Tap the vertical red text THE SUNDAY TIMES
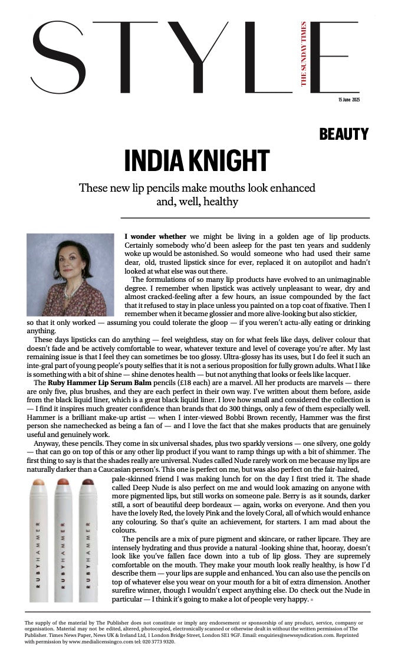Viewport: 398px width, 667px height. click(x=304, y=54)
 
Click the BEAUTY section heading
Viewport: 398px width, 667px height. click(x=344, y=134)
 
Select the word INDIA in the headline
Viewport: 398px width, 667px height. click(x=153, y=161)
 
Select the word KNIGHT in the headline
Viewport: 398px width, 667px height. click(x=228, y=161)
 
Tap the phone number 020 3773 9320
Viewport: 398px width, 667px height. click(x=157, y=642)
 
